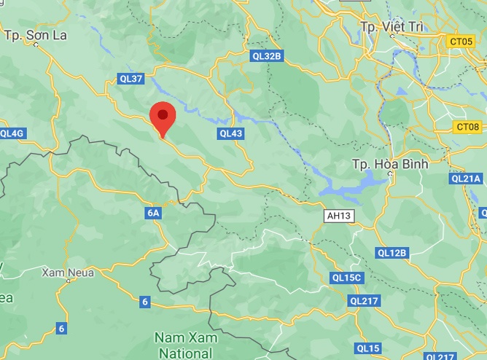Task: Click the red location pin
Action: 163,117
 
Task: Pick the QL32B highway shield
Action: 265,55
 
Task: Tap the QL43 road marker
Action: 231,133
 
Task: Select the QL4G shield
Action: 12,133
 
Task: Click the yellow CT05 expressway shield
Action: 461,43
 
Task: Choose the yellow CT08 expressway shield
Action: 466,128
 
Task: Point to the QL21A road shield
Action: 466,178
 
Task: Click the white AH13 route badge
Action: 339,216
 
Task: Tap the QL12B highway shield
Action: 391,253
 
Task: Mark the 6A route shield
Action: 153,214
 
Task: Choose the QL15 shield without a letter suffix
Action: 368,348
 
